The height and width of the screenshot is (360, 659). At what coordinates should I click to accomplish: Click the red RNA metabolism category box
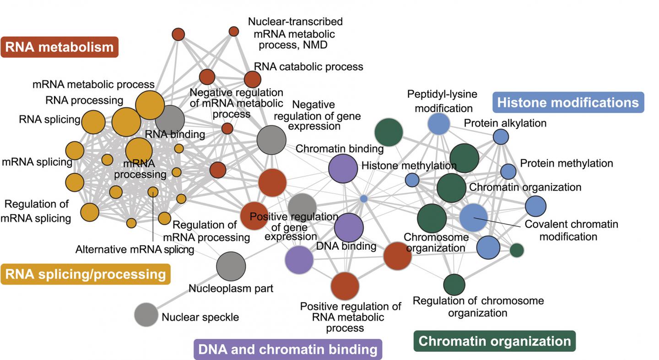pyautogui.click(x=59, y=47)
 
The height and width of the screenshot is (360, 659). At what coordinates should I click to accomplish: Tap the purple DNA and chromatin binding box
pyautogui.click(x=287, y=349)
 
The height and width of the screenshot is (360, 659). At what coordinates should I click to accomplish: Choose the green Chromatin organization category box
pyautogui.click(x=494, y=341)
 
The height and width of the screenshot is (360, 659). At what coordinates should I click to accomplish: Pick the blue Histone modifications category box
pyautogui.click(x=567, y=102)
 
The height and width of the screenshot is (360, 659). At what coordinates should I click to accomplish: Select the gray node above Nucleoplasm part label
pyautogui.click(x=231, y=266)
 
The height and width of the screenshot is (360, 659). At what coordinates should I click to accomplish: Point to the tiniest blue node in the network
pyautogui.click(x=364, y=199)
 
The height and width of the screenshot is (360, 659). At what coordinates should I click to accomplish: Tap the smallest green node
pyautogui.click(x=517, y=250)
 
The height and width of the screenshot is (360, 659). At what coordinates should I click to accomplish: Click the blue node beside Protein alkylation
pyautogui.click(x=501, y=137)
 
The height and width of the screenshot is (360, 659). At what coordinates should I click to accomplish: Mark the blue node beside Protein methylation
pyautogui.click(x=508, y=171)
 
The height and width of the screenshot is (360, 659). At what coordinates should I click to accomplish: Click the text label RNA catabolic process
pyautogui.click(x=308, y=67)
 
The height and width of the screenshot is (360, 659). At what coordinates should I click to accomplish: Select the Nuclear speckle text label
pyautogui.click(x=200, y=317)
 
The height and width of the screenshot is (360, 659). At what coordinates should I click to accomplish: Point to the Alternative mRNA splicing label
pyautogui.click(x=135, y=249)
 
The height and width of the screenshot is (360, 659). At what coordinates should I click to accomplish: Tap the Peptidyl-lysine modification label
pyautogui.click(x=442, y=101)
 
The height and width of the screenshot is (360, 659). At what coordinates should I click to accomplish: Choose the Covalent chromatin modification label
pyautogui.click(x=571, y=231)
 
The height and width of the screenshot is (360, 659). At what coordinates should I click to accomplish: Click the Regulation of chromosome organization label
pyautogui.click(x=478, y=306)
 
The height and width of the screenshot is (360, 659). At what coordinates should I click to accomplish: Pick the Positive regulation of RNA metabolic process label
pyautogui.click(x=351, y=317)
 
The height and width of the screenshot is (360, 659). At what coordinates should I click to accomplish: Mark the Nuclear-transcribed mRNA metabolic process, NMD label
pyautogui.click(x=295, y=33)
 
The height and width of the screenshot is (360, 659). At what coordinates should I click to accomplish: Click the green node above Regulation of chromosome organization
pyautogui.click(x=454, y=285)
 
